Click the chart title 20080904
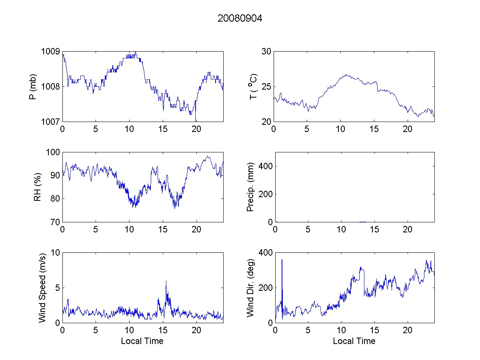pyautogui.click(x=240, y=18)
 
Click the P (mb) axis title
pyautogui.click(x=34, y=86)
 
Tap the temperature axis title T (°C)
pyautogui.click(x=253, y=86)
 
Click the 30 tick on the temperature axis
pyautogui.click(x=266, y=52)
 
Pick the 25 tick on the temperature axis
pyautogui.click(x=266, y=86)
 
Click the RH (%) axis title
pyautogui.click(x=38, y=187)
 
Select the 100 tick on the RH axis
pyautogui.click(x=53, y=152)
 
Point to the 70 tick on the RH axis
pyautogui.click(x=55, y=222)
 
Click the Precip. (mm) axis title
pyautogui.click(x=251, y=187)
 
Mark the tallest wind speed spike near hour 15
pyautogui.click(x=166, y=281)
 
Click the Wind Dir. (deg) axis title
pyautogui.click(x=251, y=288)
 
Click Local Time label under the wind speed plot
pyautogui.click(x=142, y=341)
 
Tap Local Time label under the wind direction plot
pyautogui.click(x=354, y=341)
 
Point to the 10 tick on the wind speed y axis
pyautogui.click(x=55, y=253)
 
